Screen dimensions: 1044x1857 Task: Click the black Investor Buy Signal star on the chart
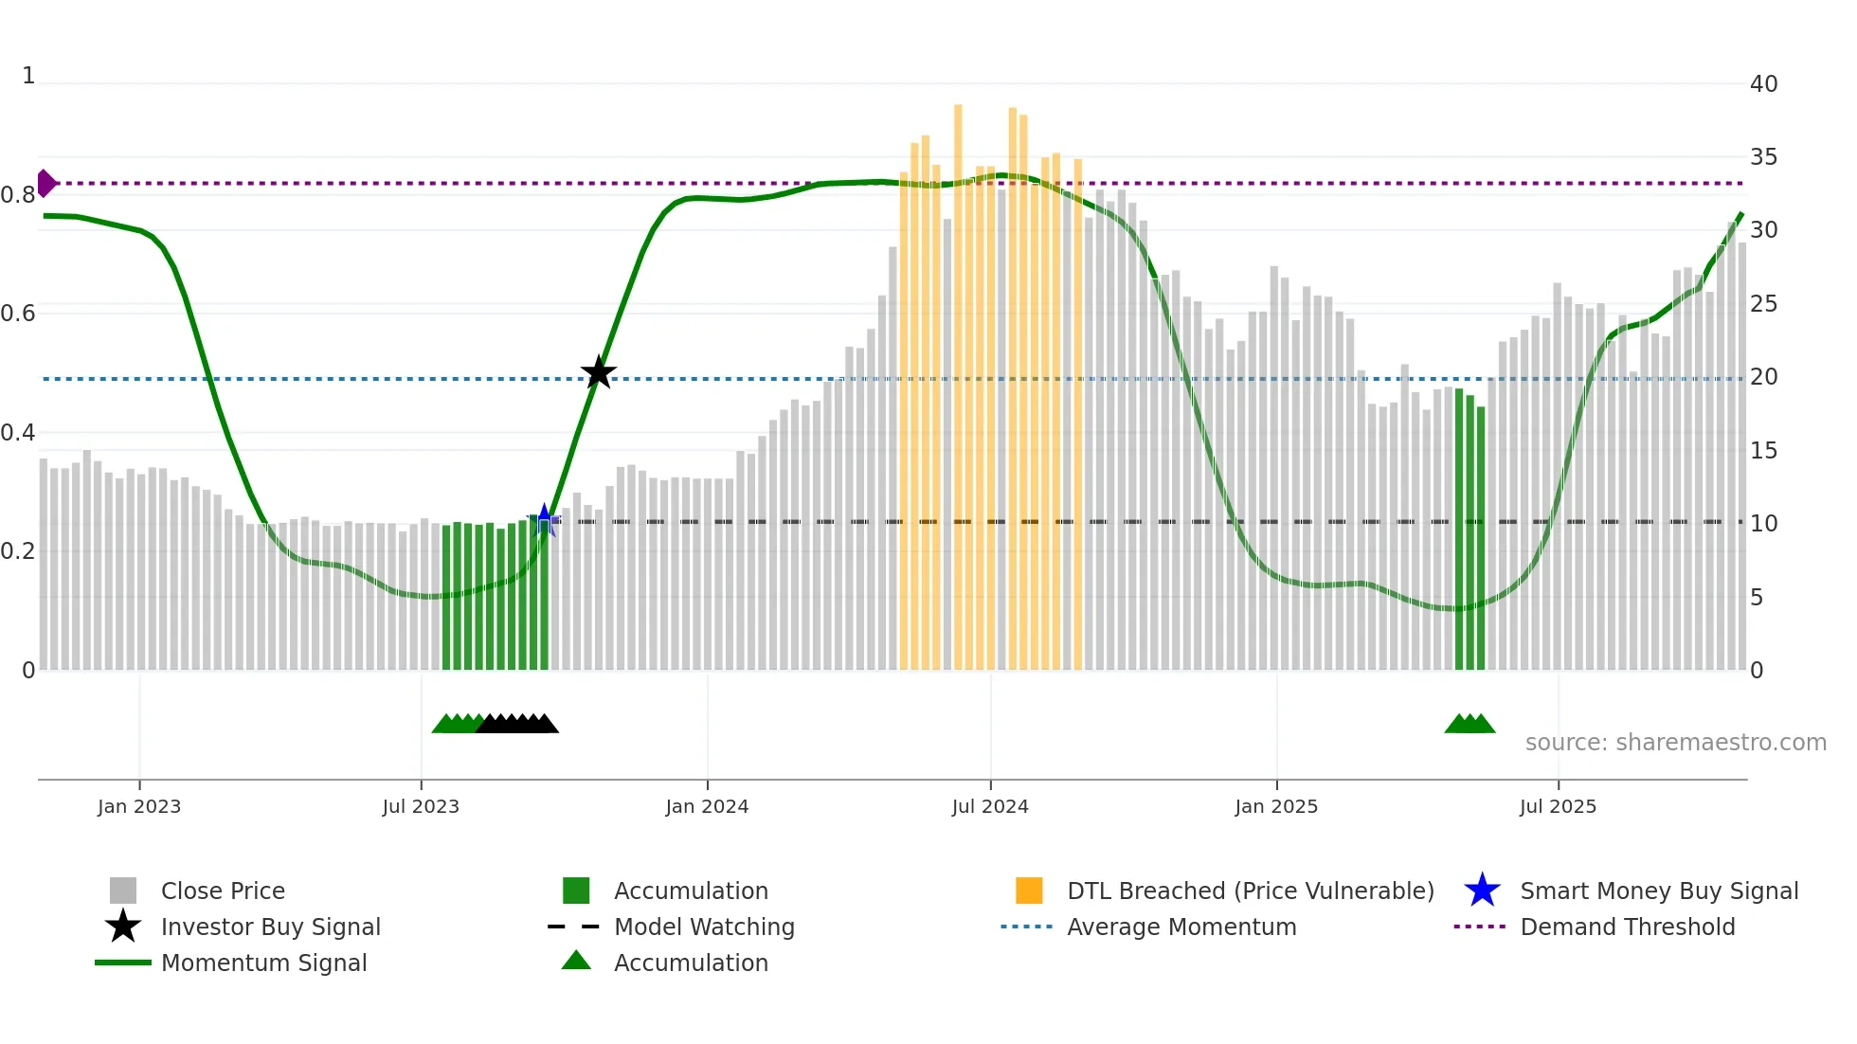point(598,373)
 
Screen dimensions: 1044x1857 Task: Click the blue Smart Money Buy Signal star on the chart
point(544,519)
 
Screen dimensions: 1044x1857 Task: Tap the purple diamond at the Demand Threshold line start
point(45,183)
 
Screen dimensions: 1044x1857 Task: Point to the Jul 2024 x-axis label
point(990,806)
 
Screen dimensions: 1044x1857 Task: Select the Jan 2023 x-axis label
point(139,806)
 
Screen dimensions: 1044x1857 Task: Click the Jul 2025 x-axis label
point(1558,806)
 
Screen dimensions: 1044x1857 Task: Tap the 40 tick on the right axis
point(1763,83)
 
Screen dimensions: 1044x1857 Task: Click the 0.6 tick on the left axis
point(19,313)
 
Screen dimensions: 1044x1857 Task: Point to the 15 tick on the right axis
point(1763,450)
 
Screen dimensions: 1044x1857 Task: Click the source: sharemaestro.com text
point(1675,742)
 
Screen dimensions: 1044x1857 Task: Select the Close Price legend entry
point(223,891)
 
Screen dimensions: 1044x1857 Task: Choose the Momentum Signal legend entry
point(263,963)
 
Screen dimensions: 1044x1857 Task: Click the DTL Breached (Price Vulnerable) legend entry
point(1250,891)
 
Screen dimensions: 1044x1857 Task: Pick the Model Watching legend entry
point(704,927)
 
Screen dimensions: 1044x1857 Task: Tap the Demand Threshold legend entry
point(1627,927)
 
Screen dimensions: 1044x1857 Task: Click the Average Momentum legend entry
point(1181,927)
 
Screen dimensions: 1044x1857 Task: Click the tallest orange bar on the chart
point(958,379)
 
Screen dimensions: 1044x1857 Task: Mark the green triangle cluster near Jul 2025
point(1469,725)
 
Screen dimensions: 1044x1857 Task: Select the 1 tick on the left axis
point(28,76)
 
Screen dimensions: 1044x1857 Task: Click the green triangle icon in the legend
point(576,961)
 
